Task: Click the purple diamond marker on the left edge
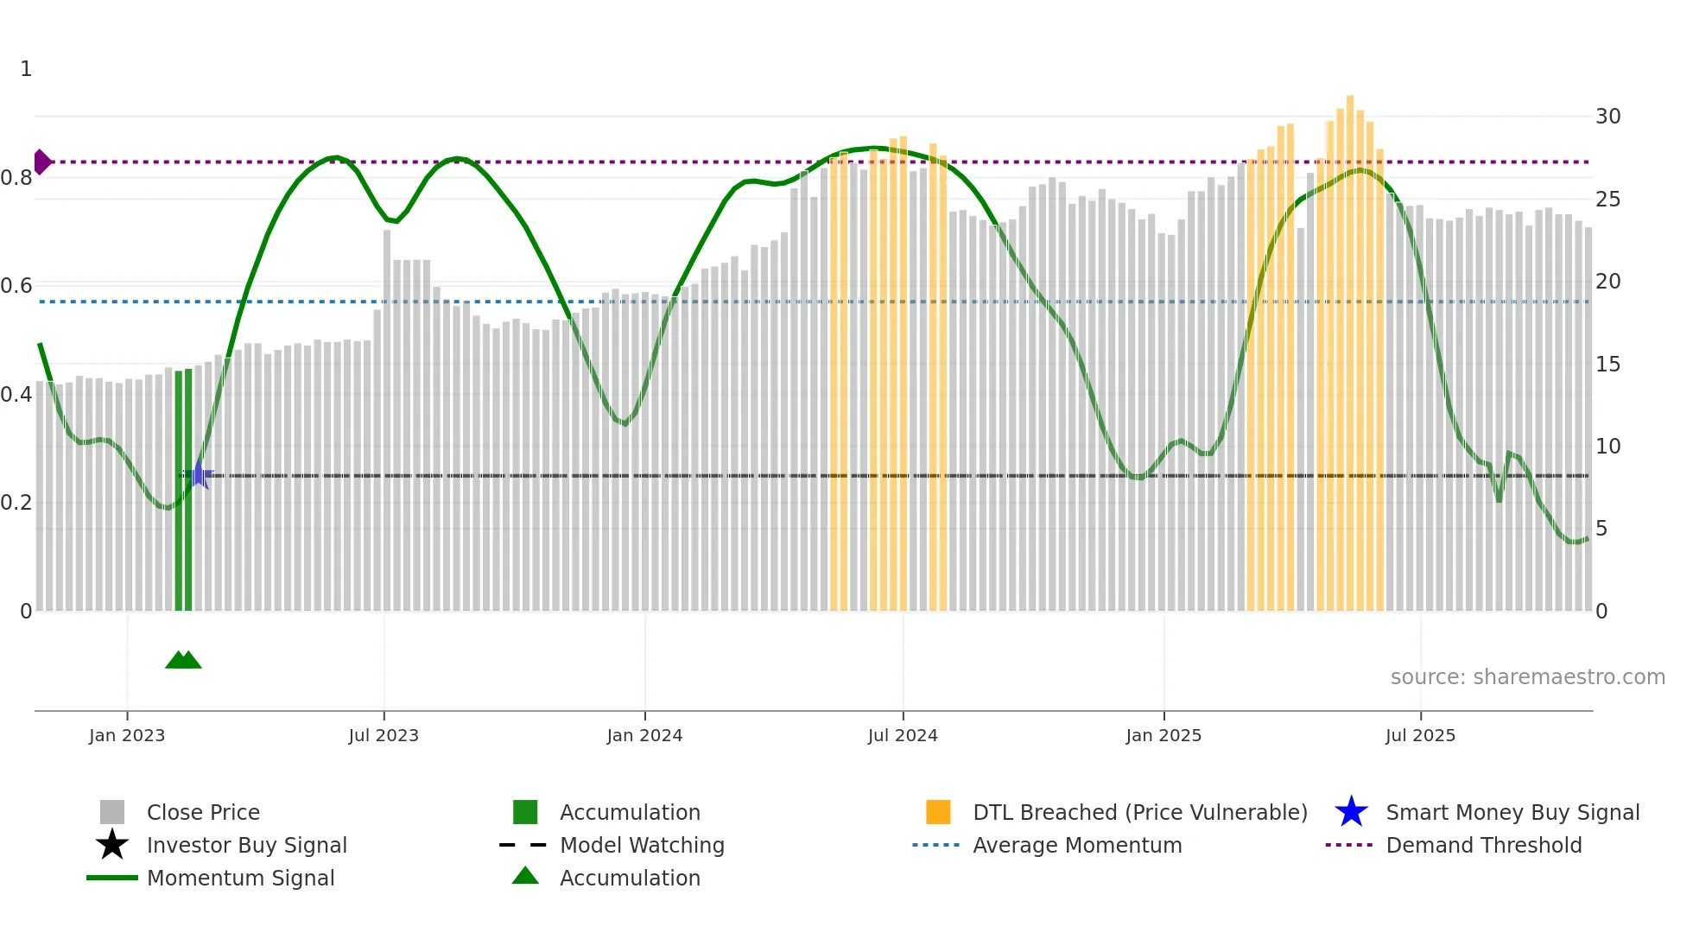(x=41, y=162)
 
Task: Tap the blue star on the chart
(x=199, y=474)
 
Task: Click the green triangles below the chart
(x=183, y=660)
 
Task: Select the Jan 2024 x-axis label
(x=644, y=735)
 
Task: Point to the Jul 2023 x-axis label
(x=384, y=735)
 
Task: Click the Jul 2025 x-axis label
(x=1420, y=735)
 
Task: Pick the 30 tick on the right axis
(x=1607, y=117)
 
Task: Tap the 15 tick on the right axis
(x=1607, y=365)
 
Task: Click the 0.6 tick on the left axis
(x=16, y=286)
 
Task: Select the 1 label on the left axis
(x=26, y=69)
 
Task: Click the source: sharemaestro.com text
(x=1527, y=677)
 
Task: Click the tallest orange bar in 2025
(x=1350, y=346)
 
